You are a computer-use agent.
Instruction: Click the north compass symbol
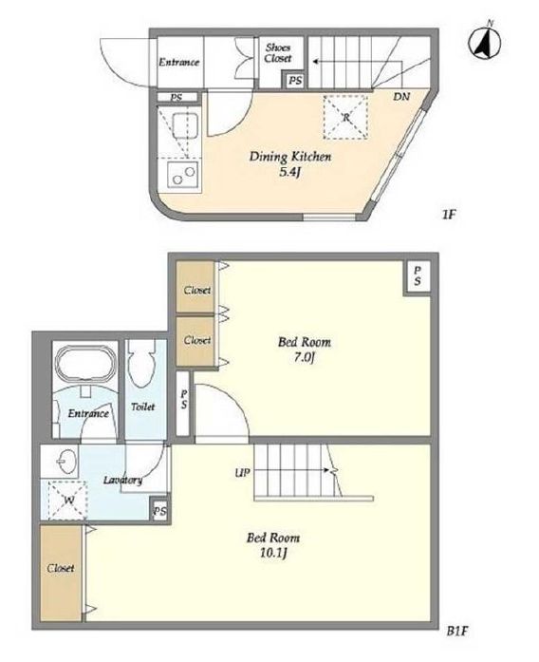(485, 42)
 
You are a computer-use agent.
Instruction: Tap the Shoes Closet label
(278, 53)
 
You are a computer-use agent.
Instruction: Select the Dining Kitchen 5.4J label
(290, 163)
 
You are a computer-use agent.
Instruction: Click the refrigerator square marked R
(345, 118)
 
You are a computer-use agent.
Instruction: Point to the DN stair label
(401, 97)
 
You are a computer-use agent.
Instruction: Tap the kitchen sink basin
(184, 125)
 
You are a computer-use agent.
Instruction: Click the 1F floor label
(449, 216)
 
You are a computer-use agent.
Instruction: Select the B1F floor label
(458, 632)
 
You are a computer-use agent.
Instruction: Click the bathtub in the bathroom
(85, 364)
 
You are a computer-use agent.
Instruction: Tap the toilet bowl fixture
(142, 366)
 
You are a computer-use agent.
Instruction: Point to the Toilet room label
(142, 407)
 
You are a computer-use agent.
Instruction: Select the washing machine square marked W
(67, 501)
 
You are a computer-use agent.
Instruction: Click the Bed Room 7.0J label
(305, 350)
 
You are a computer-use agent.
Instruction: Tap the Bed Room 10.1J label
(273, 545)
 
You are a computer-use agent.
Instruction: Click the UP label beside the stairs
(243, 473)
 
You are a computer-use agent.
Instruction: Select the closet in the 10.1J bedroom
(61, 573)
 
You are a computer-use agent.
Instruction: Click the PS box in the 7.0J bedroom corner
(418, 276)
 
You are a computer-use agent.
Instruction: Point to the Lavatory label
(122, 481)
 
